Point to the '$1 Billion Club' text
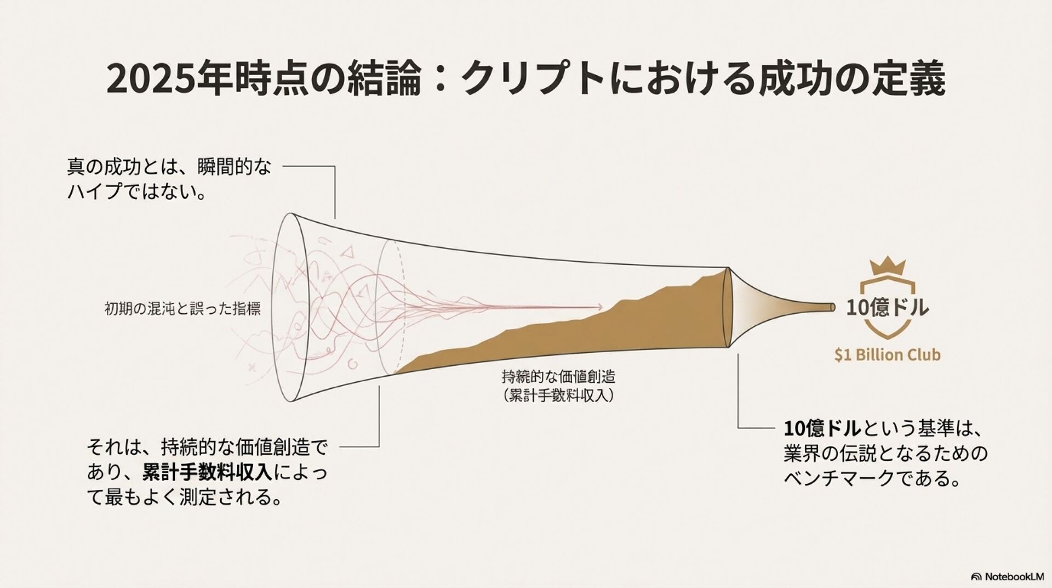(888, 355)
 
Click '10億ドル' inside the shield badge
(888, 307)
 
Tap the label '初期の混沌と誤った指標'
(182, 309)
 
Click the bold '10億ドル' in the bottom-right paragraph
(822, 428)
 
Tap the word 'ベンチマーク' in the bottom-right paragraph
(839, 479)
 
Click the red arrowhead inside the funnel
(601, 307)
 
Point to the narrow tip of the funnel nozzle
(832, 307)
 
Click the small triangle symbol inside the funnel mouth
(346, 253)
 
